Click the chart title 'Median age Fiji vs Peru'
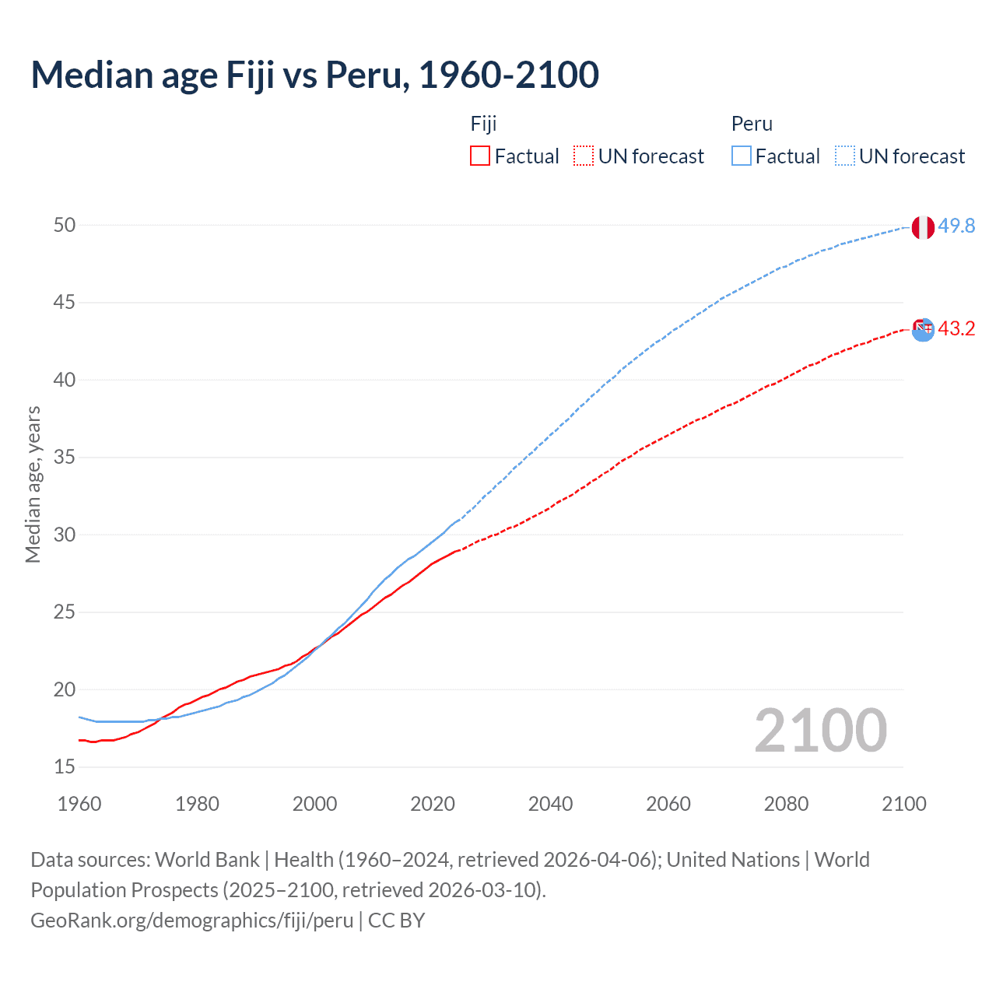point(314,75)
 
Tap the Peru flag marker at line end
point(923,227)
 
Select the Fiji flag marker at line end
point(923,329)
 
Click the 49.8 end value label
point(956,226)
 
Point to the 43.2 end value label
point(956,328)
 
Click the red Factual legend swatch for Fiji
point(480,156)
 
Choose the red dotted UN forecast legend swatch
point(584,156)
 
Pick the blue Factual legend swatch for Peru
point(742,156)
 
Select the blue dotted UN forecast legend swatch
point(845,156)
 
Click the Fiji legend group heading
point(483,124)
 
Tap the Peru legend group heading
point(752,124)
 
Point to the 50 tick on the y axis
point(65,225)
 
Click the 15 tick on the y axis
point(65,766)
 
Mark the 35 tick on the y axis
point(65,457)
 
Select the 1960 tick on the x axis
point(79,804)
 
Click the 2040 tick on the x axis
point(550,804)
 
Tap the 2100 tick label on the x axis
point(903,804)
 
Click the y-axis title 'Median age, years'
point(33,484)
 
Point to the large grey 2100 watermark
point(820,730)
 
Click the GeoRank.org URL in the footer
point(192,921)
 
